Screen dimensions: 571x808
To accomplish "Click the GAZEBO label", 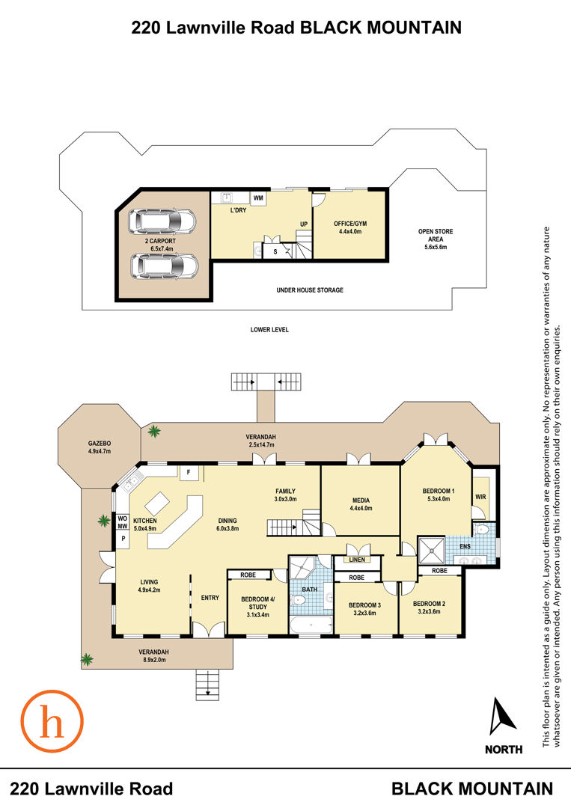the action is [100, 443].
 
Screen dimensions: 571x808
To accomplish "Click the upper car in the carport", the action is [162, 221].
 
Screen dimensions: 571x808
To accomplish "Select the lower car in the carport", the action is [164, 266].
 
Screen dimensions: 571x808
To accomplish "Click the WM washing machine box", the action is [258, 198].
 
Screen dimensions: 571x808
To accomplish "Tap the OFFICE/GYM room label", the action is [350, 224].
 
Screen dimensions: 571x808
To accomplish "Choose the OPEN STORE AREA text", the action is [436, 235].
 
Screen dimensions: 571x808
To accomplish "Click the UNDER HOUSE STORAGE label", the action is [310, 290].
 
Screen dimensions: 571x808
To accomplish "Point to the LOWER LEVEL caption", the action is [269, 329].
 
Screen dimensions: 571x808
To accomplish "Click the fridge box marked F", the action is [189, 473].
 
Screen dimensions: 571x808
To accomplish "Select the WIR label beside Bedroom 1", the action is [480, 497].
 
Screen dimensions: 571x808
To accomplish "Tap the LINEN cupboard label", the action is [357, 559].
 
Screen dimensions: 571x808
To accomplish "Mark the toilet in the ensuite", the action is [483, 530].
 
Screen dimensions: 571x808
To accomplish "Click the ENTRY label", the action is [210, 598].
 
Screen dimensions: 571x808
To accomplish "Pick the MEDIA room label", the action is [361, 501].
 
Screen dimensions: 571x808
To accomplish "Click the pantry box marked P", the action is [123, 539].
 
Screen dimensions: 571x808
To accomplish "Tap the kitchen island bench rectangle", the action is [158, 501].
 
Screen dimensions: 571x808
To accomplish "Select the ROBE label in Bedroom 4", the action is [248, 575].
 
